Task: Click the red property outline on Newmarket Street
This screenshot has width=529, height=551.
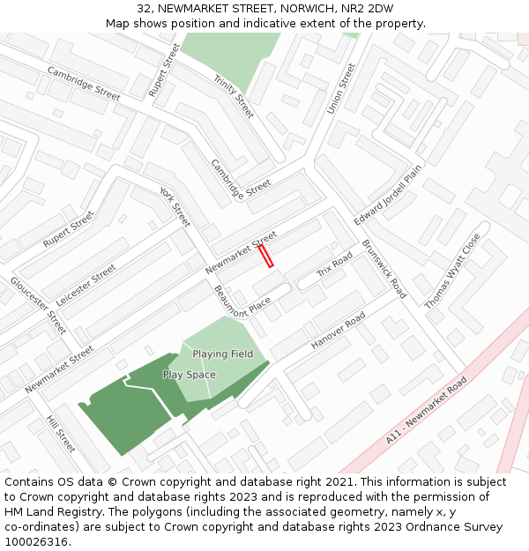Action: [265, 256]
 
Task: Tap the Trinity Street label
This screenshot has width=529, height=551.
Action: [233, 96]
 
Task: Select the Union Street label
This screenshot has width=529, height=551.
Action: [341, 88]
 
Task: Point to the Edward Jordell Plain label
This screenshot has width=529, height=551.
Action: [389, 194]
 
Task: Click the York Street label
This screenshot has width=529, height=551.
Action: [175, 205]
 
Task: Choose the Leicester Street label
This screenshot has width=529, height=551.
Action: [86, 284]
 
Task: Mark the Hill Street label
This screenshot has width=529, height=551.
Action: [61, 434]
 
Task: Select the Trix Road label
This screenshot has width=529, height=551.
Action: [335, 264]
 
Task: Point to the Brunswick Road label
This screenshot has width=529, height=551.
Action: [384, 269]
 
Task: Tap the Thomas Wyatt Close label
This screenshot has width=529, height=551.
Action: [453, 271]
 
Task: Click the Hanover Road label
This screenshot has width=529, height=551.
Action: [338, 331]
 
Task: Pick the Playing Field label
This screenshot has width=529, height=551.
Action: [223, 354]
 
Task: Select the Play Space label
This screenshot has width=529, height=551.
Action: [189, 375]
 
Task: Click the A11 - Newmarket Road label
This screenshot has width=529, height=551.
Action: [427, 411]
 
